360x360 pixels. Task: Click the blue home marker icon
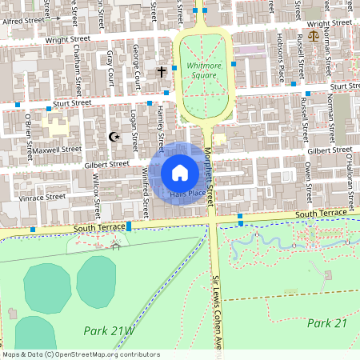coord(180,172)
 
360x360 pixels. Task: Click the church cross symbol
coord(161,72)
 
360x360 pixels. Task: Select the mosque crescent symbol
coord(114,137)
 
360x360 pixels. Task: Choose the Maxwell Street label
coord(58,149)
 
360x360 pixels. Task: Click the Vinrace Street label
coord(43,196)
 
